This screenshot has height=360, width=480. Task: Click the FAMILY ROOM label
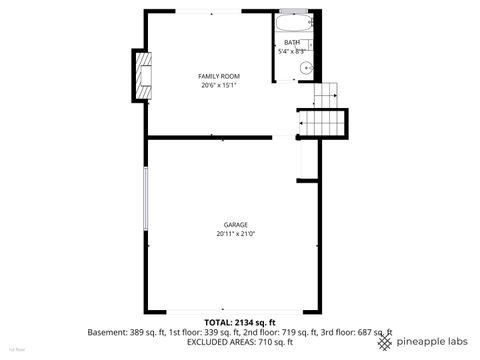(218, 77)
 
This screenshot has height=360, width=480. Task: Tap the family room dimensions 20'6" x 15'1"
(218, 86)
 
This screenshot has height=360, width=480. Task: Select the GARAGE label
(235, 225)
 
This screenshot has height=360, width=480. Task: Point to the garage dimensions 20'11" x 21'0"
(235, 234)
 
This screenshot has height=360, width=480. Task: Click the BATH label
(291, 42)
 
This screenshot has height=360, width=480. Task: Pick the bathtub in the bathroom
(293, 24)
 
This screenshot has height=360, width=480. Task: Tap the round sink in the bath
(307, 67)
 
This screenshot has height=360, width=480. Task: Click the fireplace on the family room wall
(146, 77)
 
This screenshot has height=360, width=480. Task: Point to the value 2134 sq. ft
(257, 323)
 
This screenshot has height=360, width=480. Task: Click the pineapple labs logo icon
(385, 342)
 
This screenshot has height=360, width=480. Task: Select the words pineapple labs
(432, 342)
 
